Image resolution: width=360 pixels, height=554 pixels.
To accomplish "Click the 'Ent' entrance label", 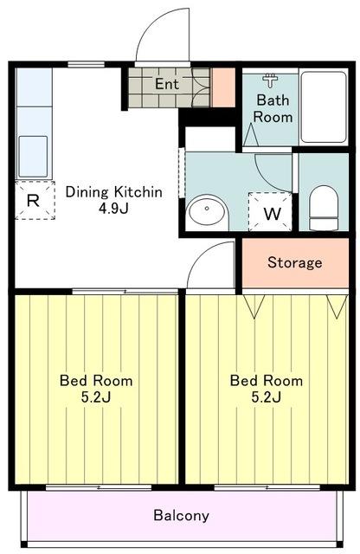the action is [x=167, y=84].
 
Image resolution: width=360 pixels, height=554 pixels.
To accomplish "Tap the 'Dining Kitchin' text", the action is [x=114, y=192].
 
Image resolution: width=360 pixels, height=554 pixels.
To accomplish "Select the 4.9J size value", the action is [x=113, y=209].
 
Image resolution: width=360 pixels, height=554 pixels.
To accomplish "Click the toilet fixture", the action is [x=324, y=208].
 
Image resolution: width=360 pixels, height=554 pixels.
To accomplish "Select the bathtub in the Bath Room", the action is [x=324, y=107].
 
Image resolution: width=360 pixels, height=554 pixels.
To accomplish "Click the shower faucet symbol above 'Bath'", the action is [x=271, y=81].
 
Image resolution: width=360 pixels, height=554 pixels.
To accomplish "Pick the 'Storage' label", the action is [x=295, y=262].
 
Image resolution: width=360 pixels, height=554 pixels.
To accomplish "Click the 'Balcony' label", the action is [x=181, y=516].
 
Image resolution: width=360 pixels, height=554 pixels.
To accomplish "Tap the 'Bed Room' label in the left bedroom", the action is [x=96, y=381].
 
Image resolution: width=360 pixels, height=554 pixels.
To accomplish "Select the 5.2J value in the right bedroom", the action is [x=267, y=397].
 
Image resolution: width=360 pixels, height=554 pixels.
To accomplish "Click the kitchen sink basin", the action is [x=33, y=157].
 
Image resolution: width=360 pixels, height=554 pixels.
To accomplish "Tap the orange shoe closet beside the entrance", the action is [x=223, y=87].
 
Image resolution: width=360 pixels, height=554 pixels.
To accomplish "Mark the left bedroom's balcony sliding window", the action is [x=99, y=487].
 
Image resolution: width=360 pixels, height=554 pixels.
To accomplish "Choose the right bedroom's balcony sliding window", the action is [x=267, y=487].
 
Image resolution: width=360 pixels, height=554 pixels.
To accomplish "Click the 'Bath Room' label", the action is [x=273, y=108].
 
